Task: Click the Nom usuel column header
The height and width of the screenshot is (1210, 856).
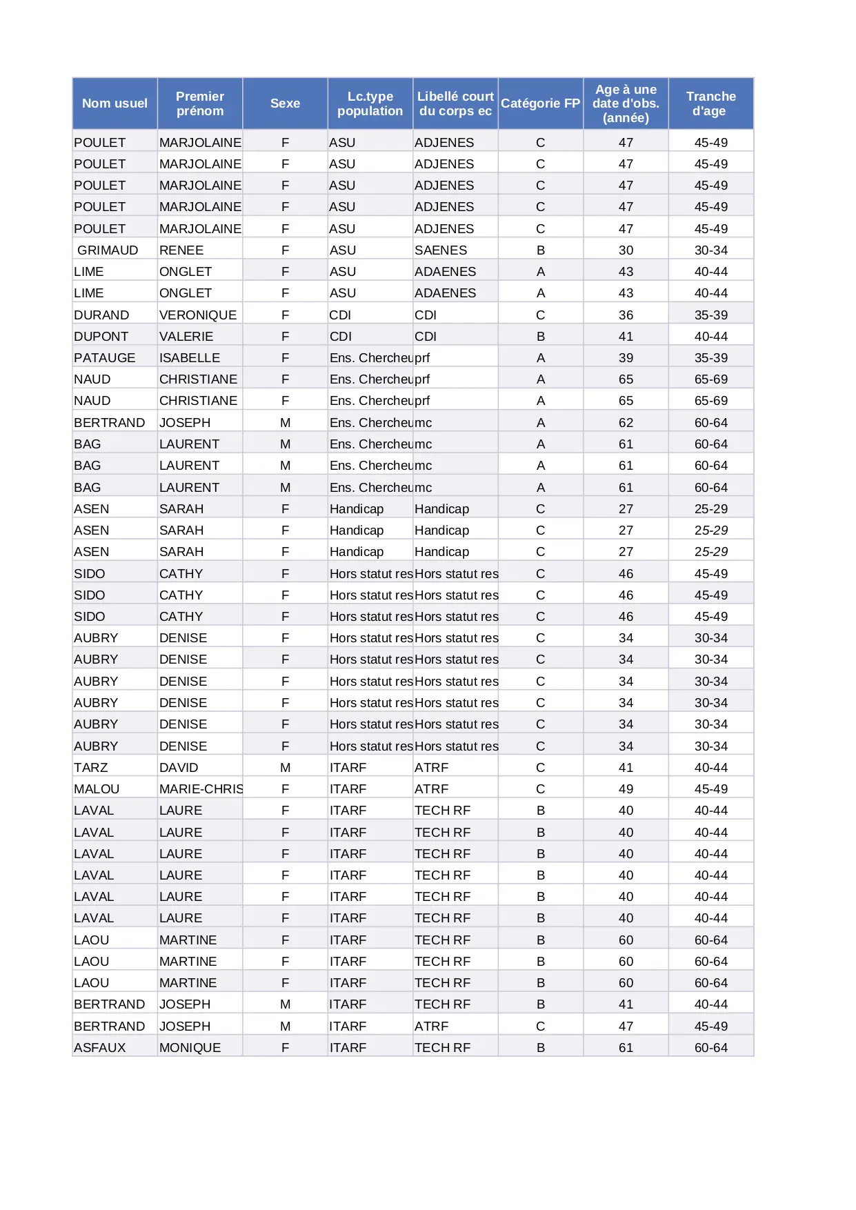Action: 115,103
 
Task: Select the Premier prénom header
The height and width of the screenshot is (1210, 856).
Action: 200,103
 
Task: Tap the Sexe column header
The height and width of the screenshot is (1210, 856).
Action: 285,103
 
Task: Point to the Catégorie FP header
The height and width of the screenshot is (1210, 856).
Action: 540,103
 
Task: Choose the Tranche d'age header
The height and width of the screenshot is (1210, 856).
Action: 710,103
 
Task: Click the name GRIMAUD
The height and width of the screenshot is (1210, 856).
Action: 108,250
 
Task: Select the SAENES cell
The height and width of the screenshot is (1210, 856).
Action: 441,250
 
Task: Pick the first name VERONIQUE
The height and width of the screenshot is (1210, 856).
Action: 198,315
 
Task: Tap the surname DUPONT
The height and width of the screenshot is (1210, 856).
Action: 101,337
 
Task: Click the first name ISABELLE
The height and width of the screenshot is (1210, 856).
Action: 190,358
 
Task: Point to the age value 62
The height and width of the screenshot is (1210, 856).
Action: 626,423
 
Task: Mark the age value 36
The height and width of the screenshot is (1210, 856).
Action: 626,315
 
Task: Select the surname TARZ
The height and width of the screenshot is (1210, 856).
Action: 91,768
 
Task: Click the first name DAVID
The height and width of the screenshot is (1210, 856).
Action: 179,768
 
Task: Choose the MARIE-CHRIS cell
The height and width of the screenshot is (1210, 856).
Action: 201,789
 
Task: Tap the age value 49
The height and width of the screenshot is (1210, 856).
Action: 626,789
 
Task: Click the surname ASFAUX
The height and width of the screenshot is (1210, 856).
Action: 100,1048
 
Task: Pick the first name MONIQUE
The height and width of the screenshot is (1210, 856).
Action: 190,1048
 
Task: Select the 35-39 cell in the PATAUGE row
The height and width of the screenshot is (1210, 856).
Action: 710,358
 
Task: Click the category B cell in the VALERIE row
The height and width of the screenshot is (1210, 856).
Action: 540,337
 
